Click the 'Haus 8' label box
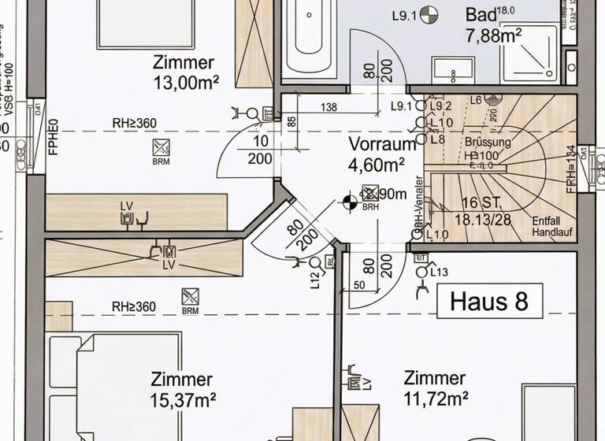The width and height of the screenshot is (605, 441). (490, 301)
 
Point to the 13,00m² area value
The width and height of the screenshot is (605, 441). (187, 81)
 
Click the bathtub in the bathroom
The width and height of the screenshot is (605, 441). (309, 39)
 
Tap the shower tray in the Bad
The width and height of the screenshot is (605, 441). (529, 53)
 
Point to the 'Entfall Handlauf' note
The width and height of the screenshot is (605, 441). (551, 227)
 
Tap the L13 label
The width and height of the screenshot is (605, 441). (440, 272)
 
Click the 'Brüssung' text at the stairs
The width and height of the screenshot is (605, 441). (488, 143)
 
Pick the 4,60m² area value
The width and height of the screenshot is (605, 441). (377, 164)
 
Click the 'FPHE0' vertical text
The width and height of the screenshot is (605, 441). (54, 136)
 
